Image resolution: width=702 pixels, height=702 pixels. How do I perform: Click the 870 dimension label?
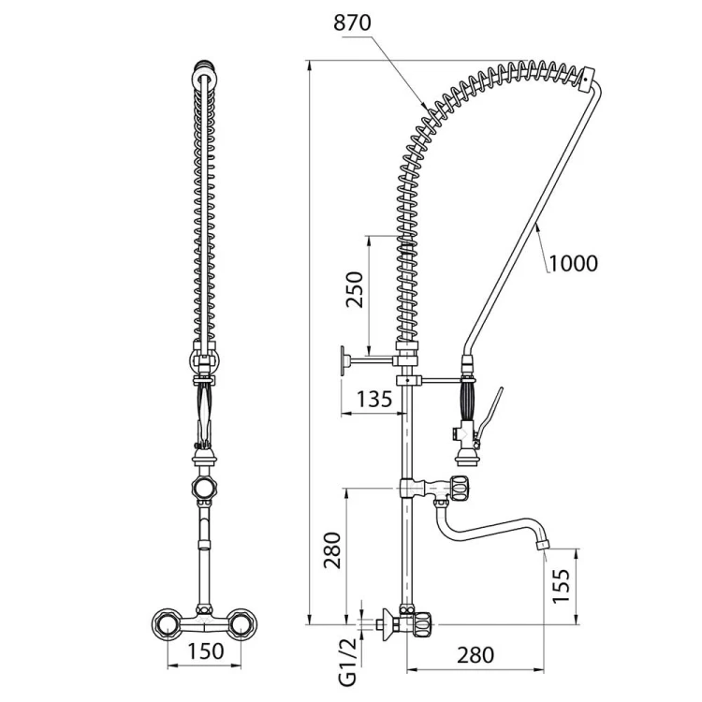(352, 22)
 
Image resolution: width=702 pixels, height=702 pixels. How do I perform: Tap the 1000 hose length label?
(573, 263)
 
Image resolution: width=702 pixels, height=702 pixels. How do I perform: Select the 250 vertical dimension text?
(355, 289)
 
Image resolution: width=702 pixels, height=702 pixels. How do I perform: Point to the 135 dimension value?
(374, 399)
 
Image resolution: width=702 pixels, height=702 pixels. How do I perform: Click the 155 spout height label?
(562, 586)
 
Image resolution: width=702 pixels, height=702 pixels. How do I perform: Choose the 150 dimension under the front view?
(205, 651)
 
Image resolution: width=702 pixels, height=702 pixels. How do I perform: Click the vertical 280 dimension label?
(333, 549)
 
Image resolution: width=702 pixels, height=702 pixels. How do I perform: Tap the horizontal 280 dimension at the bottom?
(475, 655)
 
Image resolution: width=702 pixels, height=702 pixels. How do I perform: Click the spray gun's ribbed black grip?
(468, 400)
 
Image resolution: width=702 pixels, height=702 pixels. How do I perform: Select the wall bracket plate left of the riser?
(344, 360)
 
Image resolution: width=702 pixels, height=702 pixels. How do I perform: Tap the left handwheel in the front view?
(168, 623)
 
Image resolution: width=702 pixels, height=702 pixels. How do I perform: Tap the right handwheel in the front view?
(241, 623)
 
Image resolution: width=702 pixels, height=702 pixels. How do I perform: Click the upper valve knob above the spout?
(461, 488)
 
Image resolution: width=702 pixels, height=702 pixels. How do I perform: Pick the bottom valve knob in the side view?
(423, 623)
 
